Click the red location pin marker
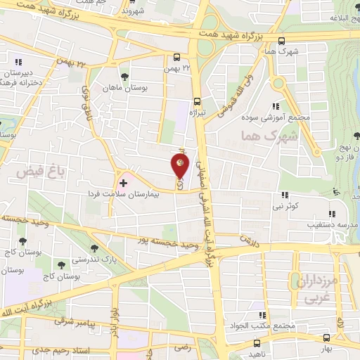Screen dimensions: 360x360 (181, 166)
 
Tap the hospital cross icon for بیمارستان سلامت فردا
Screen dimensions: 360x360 (124, 182)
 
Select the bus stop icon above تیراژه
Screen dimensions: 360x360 (197, 101)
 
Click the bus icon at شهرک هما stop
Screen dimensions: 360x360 (282, 41)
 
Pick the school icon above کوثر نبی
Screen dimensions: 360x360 (284, 195)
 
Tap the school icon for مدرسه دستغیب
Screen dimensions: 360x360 (330, 214)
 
